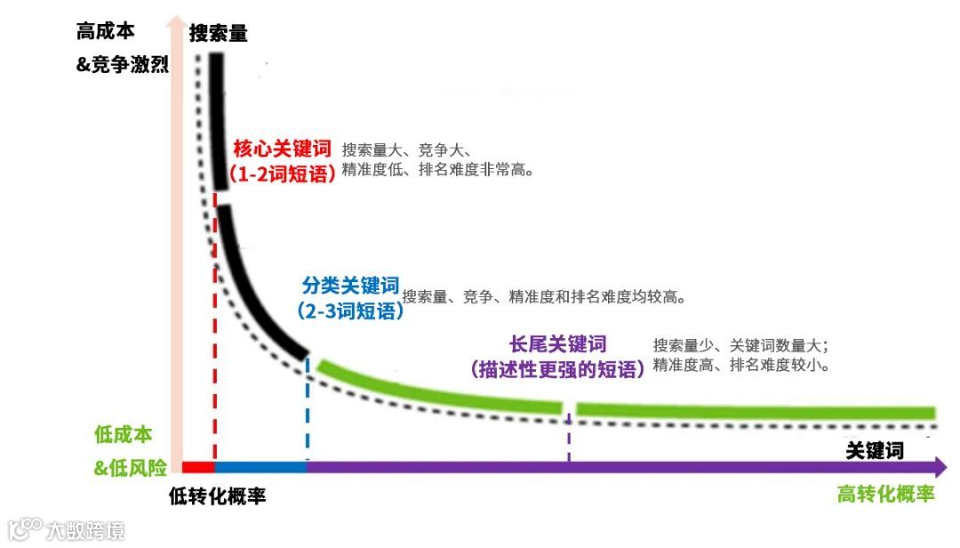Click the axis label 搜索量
[x=219, y=34]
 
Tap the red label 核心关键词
[x=282, y=148]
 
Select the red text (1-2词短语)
[x=282, y=174]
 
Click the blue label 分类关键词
[x=350, y=286]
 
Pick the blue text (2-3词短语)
[x=350, y=311]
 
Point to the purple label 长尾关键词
[x=557, y=344]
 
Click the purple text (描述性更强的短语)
[x=557, y=369]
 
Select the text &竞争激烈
[x=123, y=64]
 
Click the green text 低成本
[x=123, y=435]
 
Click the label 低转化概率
[x=217, y=496]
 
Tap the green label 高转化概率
[x=885, y=495]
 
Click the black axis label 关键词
[x=875, y=450]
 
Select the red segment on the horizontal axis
[x=198, y=467]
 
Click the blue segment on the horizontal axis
[x=260, y=467]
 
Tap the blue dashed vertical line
[x=308, y=409]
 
